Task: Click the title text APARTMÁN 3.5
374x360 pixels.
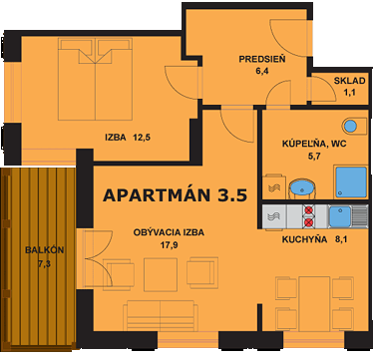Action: coord(175,194)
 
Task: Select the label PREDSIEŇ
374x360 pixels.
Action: coord(262,59)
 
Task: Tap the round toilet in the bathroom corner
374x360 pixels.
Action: coord(348,127)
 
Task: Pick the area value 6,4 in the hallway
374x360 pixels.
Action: coord(263,72)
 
